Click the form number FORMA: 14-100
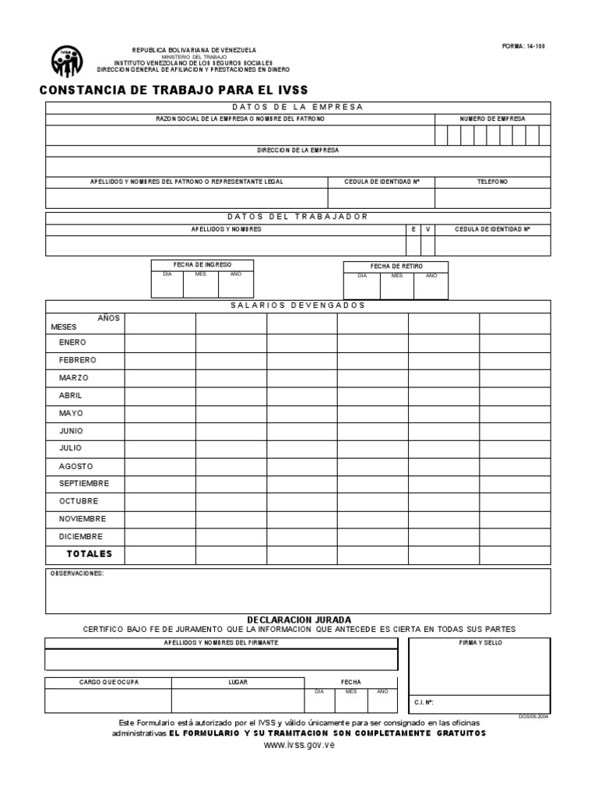pos(523,46)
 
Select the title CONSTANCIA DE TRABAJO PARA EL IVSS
pos(173,90)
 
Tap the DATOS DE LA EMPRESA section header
pos(297,107)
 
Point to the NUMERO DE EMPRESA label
pos(492,118)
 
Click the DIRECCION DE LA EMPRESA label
pos(297,150)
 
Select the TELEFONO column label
pos(492,182)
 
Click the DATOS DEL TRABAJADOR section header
pos(297,217)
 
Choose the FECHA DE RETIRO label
pos(396,267)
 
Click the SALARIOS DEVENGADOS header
pos(297,305)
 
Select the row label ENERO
pos(72,342)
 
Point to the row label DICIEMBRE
pos(80,536)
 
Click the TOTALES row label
pos(89,554)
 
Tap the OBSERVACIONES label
pos(76,574)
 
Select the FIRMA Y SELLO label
pos(480,642)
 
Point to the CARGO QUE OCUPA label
pos(109,682)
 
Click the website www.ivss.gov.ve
pos(299,746)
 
